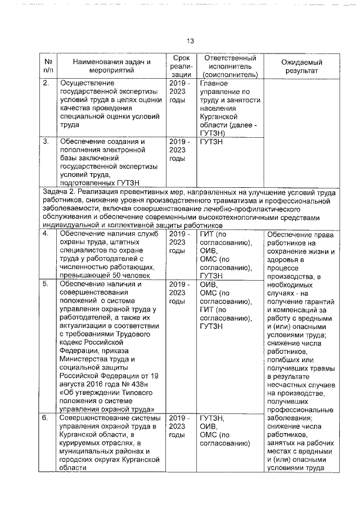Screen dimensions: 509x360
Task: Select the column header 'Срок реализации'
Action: (182, 66)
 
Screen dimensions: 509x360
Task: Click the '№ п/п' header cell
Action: (48, 66)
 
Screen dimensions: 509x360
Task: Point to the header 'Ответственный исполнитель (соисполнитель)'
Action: (231, 66)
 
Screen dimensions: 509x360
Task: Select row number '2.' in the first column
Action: (46, 83)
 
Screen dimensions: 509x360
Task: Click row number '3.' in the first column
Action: (46, 141)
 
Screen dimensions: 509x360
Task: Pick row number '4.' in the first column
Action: (46, 233)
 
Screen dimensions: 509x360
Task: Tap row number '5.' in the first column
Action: (46, 285)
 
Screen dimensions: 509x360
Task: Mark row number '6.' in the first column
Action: (46, 418)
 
